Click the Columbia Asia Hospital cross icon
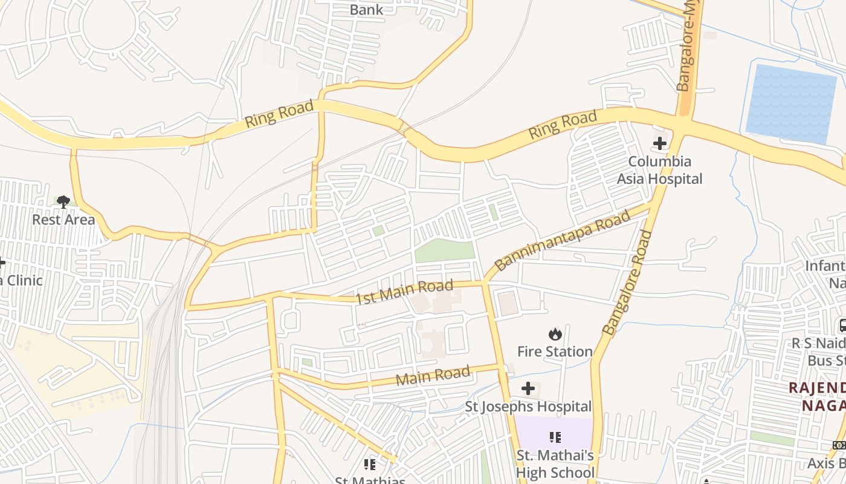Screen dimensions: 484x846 [659, 144]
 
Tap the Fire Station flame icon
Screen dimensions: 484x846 [555, 334]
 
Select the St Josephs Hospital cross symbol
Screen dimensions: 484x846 [528, 388]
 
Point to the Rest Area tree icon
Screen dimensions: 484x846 [63, 201]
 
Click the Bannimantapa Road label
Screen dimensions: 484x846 [563, 240]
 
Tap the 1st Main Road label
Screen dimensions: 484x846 [404, 292]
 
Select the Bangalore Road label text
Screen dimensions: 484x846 [628, 282]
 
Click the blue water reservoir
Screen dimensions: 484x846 [791, 103]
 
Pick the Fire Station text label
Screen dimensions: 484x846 [555, 352]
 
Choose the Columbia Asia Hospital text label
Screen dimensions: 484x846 [659, 170]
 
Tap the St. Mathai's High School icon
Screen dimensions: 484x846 [555, 437]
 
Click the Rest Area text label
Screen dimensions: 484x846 [63, 220]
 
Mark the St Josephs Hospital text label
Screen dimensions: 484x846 [528, 407]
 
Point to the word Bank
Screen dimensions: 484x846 [366, 10]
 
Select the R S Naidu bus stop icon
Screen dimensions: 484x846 [842, 325]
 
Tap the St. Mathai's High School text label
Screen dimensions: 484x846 [555, 464]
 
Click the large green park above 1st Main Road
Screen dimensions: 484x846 [445, 250]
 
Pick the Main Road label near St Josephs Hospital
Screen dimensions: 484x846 [433, 376]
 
